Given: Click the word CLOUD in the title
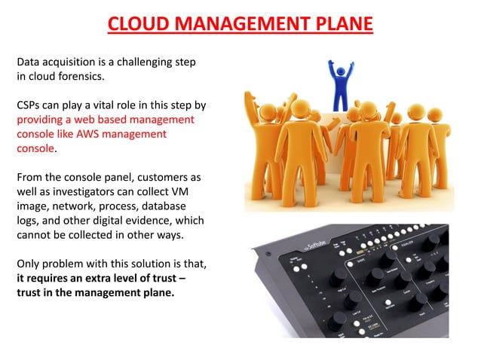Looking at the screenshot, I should click(137, 24).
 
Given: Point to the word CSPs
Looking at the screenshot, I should click(29, 105).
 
